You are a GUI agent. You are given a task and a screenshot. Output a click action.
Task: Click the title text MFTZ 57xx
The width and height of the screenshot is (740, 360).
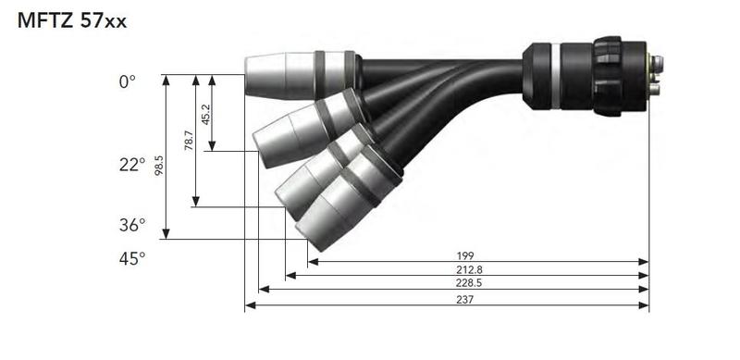pyautogui.click(x=72, y=21)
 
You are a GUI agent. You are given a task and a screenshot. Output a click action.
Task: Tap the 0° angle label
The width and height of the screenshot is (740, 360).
pyautogui.click(x=127, y=82)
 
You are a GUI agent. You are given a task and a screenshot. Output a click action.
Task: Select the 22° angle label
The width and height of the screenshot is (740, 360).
pyautogui.click(x=132, y=165)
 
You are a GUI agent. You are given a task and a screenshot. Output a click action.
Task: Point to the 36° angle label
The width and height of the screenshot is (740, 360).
pyautogui.click(x=132, y=225)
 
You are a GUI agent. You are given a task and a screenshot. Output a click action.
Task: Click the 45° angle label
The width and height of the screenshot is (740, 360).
pyautogui.click(x=132, y=258)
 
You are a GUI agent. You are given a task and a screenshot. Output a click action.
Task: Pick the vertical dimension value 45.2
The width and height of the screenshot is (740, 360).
pyautogui.click(x=205, y=115)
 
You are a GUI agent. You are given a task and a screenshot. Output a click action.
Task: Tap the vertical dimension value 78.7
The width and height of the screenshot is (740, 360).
pyautogui.click(x=190, y=141)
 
